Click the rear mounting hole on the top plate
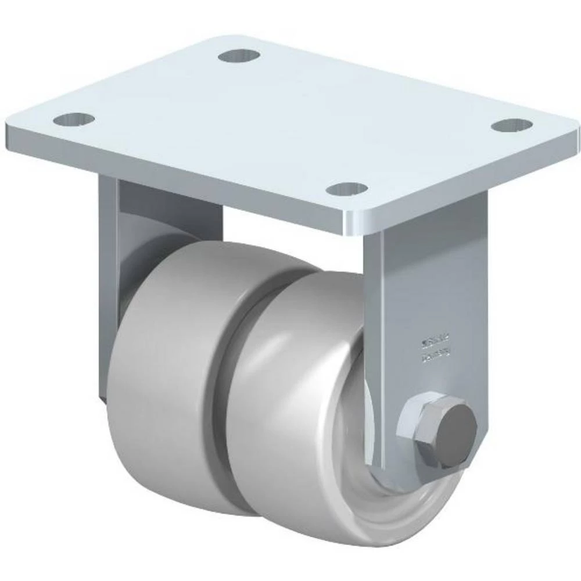click(x=239, y=56)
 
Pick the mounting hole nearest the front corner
click(x=346, y=189)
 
